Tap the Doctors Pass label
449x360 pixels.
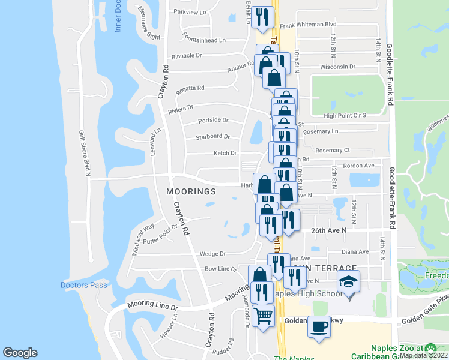pyautogui.click(x=84, y=285)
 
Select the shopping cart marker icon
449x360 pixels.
pyautogui.click(x=264, y=315)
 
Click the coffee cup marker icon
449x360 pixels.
pyautogui.click(x=319, y=326)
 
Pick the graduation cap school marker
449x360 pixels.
pyautogui.click(x=347, y=281)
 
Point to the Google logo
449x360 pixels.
pyautogui.click(x=20, y=353)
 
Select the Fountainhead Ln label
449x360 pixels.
pyautogui.click(x=205, y=40)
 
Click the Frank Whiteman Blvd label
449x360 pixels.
pyautogui.click(x=309, y=25)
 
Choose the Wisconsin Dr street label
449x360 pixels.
pyautogui.click(x=339, y=67)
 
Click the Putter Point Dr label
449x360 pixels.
pyautogui.click(x=161, y=235)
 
